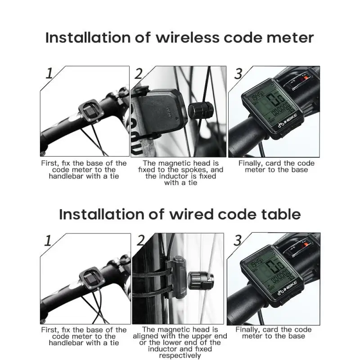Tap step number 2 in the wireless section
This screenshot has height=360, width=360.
click(138, 73)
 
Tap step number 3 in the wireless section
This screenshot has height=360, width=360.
click(238, 73)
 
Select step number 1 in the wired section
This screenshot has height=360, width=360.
click(48, 241)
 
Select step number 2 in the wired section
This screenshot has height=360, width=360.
click(140, 241)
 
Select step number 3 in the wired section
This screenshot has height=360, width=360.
click(237, 241)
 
